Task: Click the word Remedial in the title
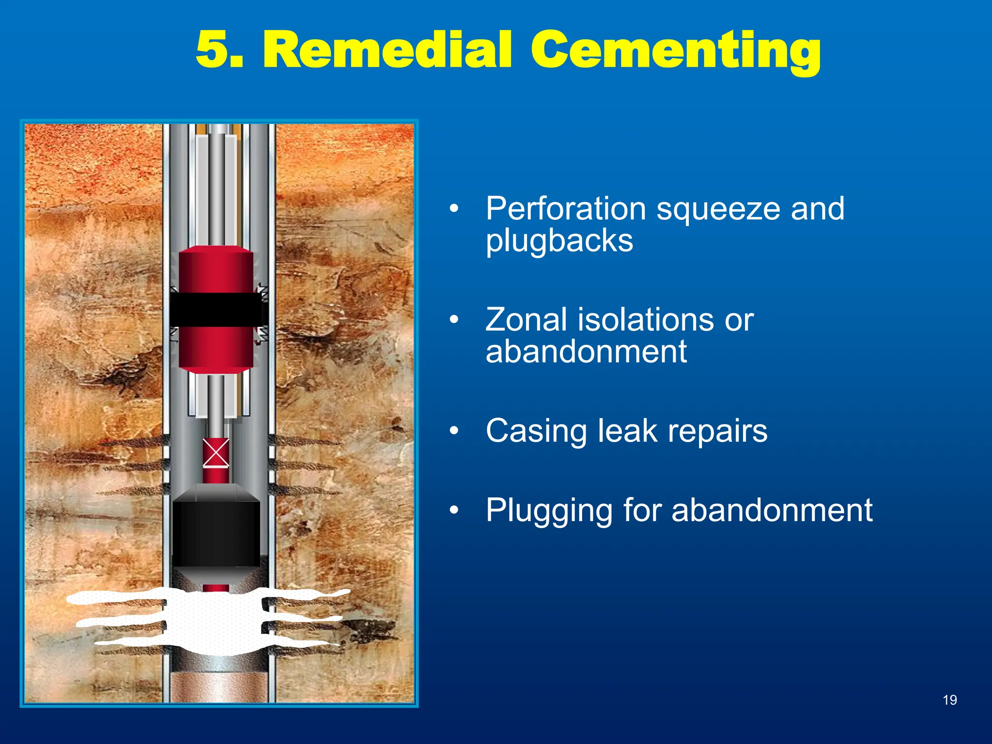point(387,50)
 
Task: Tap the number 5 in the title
point(213,50)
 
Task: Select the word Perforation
point(565,209)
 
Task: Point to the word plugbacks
point(559,241)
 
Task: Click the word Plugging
point(550,511)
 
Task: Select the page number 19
point(950,700)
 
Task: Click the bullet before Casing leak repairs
point(454,431)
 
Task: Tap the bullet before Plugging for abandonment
point(454,510)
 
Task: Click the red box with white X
point(216,453)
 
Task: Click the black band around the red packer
point(216,309)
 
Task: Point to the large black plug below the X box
point(216,533)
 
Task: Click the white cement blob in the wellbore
point(213,620)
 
